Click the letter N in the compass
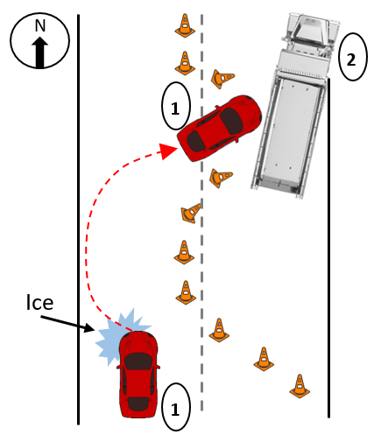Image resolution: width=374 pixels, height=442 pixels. click(40, 25)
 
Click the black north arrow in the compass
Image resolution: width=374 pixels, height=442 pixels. click(39, 53)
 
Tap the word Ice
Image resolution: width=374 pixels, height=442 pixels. click(39, 303)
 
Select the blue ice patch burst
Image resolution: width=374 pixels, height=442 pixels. click(121, 335)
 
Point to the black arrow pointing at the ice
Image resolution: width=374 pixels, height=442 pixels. click(67, 324)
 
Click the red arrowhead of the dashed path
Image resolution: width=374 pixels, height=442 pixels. click(168, 151)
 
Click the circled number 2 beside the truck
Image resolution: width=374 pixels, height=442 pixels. click(352, 57)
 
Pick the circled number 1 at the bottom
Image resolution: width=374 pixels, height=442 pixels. click(176, 407)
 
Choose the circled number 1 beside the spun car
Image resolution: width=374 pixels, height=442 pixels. click(176, 106)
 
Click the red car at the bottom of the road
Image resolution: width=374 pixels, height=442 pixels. click(138, 375)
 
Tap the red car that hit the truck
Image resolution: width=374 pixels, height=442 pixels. click(220, 128)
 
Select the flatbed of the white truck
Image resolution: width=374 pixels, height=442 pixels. click(291, 133)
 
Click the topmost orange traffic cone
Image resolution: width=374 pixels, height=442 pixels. click(185, 25)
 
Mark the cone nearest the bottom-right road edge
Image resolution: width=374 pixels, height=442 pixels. click(300, 386)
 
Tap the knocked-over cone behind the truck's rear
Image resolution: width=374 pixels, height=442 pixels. click(221, 177)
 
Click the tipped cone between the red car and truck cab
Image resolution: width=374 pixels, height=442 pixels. click(222, 78)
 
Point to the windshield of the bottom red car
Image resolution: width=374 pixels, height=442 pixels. click(138, 361)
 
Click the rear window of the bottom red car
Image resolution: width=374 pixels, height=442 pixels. click(138, 403)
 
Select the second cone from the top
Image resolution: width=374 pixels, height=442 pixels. click(185, 63)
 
